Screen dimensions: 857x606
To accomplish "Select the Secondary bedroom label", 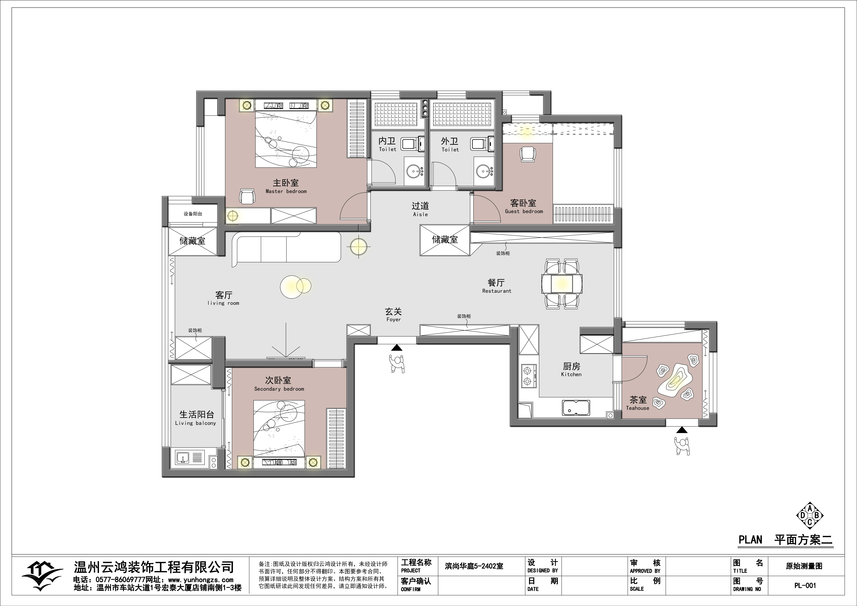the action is click(x=279, y=389).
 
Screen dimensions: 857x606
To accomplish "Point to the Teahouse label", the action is click(x=637, y=408).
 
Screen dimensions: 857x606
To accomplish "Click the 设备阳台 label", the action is click(x=193, y=214).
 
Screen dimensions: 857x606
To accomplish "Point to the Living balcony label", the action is click(x=196, y=423).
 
